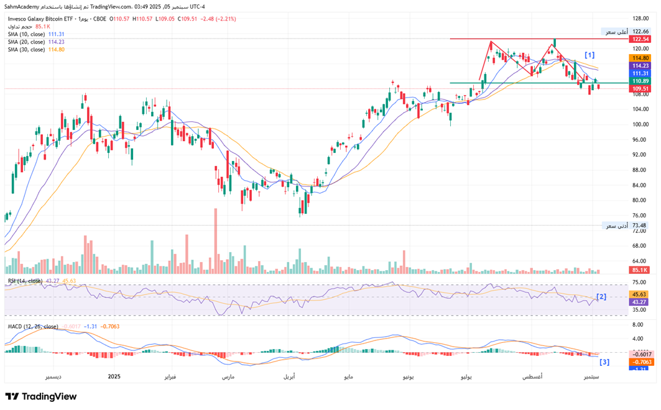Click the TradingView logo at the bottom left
[41, 396]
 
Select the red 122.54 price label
[640, 39]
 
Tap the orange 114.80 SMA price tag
[640, 58]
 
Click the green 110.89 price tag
[640, 81]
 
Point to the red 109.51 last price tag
[640, 89]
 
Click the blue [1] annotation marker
[589, 55]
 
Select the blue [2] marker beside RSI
[601, 297]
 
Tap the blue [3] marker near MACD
[604, 362]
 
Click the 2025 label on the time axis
[114, 376]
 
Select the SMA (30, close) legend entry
[26, 49]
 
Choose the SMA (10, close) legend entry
[26, 34]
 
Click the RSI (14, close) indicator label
[25, 281]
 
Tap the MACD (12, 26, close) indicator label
[32, 326]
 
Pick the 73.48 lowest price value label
[640, 225]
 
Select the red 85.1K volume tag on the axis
[640, 270]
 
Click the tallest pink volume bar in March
[216, 241]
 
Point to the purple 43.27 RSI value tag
[640, 302]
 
